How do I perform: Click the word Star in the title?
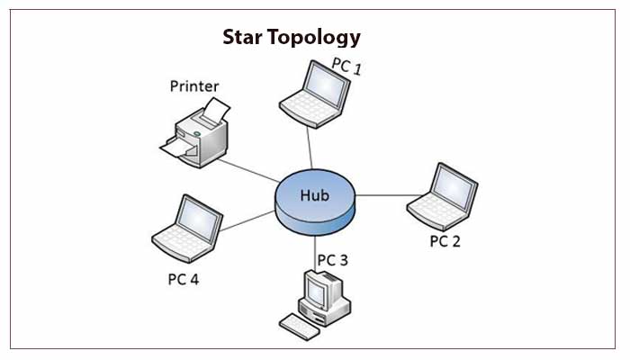(244, 38)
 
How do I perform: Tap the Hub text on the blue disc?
(315, 193)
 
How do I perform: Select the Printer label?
(194, 87)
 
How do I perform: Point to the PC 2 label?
(445, 241)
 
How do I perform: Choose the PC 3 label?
(331, 260)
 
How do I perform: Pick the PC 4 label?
(184, 278)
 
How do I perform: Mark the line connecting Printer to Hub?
(247, 170)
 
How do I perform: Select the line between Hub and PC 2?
(382, 194)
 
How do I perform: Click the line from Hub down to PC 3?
(315, 245)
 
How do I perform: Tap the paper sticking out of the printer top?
(213, 112)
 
